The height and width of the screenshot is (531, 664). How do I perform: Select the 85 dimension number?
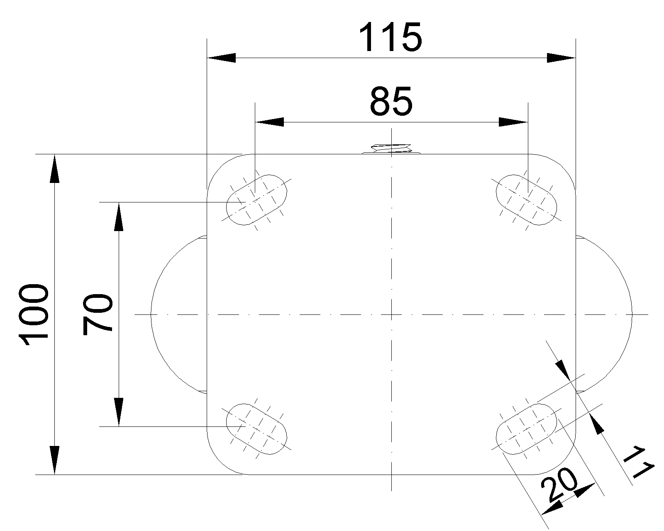(391, 102)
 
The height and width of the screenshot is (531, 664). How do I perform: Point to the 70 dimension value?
(98, 314)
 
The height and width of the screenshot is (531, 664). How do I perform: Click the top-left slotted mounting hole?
(256, 200)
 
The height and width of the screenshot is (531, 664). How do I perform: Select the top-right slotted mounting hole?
(527, 200)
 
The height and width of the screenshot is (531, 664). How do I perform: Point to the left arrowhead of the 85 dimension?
(270, 122)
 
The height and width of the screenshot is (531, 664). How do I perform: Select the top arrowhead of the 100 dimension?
(54, 168)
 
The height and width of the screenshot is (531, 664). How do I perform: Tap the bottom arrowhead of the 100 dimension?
(54, 460)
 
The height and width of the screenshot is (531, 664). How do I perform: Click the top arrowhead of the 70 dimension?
(119, 216)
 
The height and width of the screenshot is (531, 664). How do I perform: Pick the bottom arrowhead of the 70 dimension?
(119, 412)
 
